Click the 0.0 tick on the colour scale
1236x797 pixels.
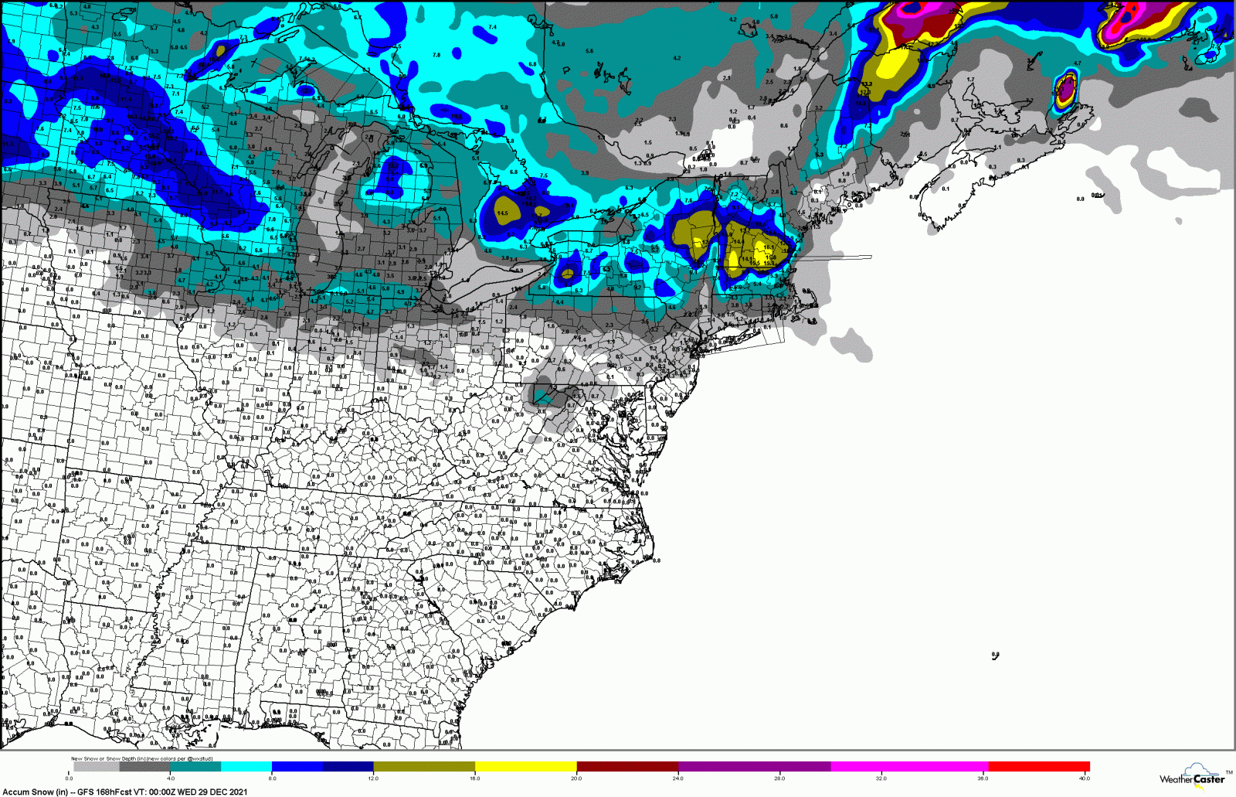pyautogui.click(x=69, y=778)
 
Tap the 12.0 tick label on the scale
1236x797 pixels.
pyautogui.click(x=373, y=778)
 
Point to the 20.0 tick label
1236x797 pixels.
pyautogui.click(x=576, y=778)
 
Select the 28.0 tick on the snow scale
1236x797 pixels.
pyautogui.click(x=779, y=778)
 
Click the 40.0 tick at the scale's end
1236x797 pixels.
pyautogui.click(x=1084, y=778)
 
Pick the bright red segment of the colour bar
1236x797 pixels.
pyautogui.click(x=1038, y=767)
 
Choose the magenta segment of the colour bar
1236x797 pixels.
pyautogui.click(x=909, y=767)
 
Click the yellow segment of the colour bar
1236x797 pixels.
pyautogui.click(x=525, y=767)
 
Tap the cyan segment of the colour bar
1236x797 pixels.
pyautogui.click(x=246, y=767)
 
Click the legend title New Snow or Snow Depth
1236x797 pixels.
pyautogui.click(x=116, y=758)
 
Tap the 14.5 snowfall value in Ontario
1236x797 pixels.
pyautogui.click(x=502, y=213)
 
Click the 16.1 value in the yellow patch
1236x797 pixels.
pyautogui.click(x=768, y=247)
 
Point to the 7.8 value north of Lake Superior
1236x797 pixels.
pyautogui.click(x=436, y=55)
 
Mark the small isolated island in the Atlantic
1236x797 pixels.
pyautogui.click(x=995, y=656)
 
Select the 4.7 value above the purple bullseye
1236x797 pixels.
pyautogui.click(x=1077, y=63)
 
